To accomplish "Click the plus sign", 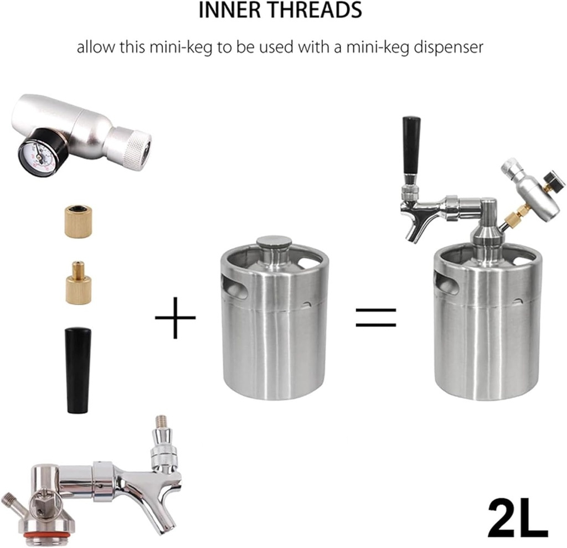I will pyautogui.click(x=175, y=317).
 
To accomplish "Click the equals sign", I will pyautogui.click(x=376, y=317).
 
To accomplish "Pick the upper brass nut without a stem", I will pyautogui.click(x=78, y=220).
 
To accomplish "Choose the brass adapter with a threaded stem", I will pyautogui.click(x=79, y=284).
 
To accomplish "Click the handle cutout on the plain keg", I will pyautogui.click(x=234, y=286).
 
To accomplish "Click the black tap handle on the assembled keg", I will pyautogui.click(x=411, y=144).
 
